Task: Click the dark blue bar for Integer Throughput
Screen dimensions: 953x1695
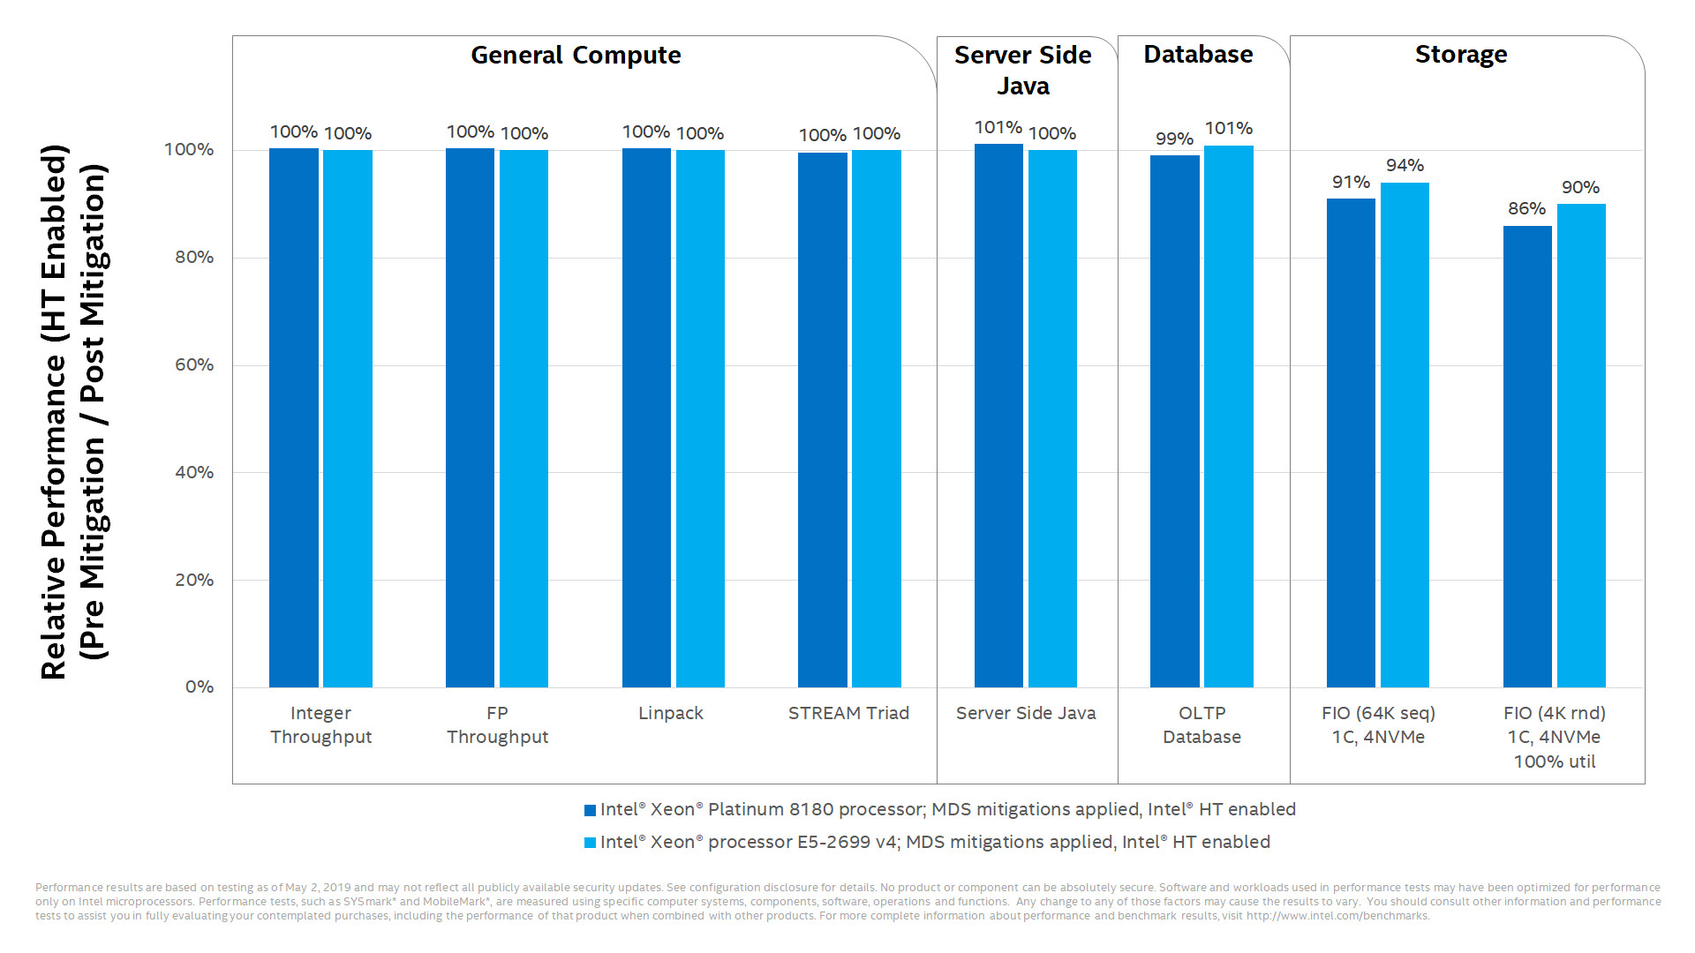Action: click(293, 418)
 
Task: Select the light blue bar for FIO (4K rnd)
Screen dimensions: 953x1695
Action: click(1581, 446)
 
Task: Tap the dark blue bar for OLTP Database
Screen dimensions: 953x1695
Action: click(1174, 422)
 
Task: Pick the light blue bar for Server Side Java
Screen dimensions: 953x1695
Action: click(1052, 418)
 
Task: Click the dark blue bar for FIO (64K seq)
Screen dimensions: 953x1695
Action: click(1351, 443)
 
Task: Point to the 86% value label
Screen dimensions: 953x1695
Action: click(1526, 209)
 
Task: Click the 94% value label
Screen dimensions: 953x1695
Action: click(1405, 166)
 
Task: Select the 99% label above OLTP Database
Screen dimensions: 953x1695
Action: click(1174, 139)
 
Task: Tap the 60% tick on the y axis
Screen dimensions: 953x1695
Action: click(194, 364)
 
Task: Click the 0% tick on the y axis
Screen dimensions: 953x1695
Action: click(200, 687)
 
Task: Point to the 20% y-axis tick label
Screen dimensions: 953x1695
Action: click(194, 580)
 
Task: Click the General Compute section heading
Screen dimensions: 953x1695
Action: click(576, 56)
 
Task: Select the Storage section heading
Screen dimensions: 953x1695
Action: click(1461, 55)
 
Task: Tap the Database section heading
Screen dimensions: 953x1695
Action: click(1198, 55)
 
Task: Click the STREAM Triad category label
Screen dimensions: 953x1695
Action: click(848, 713)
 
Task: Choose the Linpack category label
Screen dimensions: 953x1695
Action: click(671, 713)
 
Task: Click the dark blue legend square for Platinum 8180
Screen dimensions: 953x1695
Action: click(590, 810)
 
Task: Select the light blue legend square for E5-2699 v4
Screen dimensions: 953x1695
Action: click(590, 843)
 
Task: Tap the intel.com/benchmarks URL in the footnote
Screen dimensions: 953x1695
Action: click(1337, 916)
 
